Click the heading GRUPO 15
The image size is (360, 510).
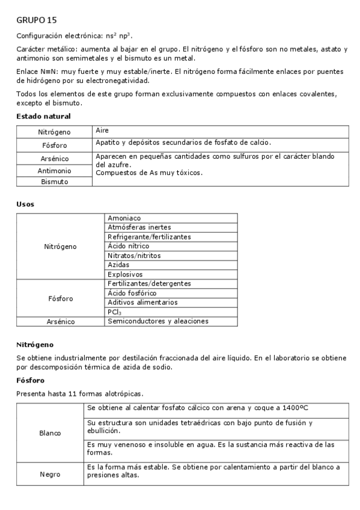tap(37, 20)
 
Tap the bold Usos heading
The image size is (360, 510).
tap(25, 204)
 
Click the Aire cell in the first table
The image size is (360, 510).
tap(102, 130)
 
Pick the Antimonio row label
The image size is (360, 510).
tap(55, 171)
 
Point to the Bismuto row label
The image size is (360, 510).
tap(55, 182)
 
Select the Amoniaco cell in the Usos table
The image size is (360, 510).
tap(125, 218)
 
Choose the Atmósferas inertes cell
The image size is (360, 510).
tap(139, 227)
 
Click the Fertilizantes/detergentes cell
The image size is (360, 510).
tap(149, 283)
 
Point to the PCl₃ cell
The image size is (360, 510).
tap(114, 312)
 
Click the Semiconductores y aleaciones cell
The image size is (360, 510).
tap(158, 321)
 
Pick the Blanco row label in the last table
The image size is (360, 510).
tap(50, 433)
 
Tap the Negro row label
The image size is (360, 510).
tap(50, 474)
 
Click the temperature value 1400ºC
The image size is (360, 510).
tap(293, 408)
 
